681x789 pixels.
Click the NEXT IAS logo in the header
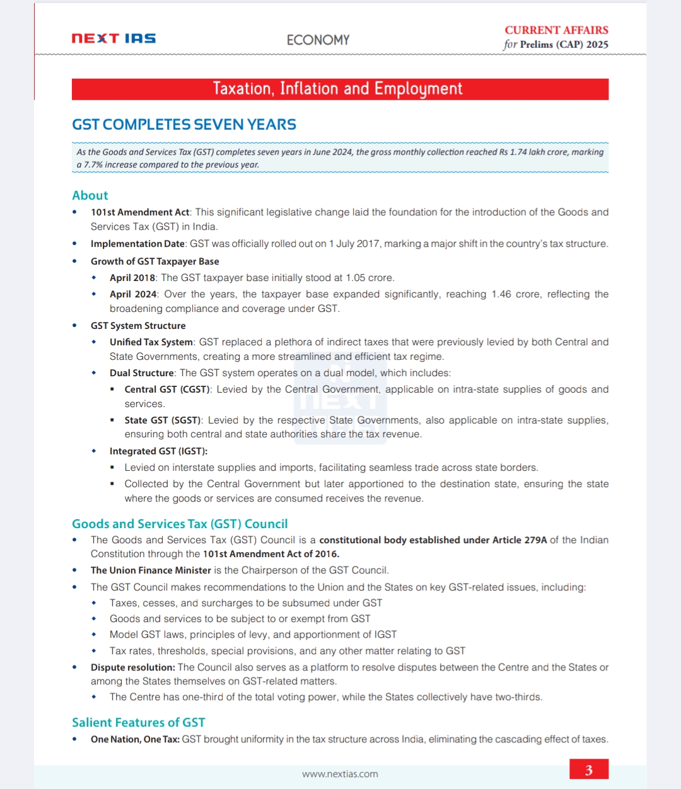[x=113, y=38]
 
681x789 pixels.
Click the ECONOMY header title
[x=318, y=40]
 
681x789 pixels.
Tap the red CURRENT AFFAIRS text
[x=556, y=30]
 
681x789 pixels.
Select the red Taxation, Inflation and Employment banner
[x=340, y=89]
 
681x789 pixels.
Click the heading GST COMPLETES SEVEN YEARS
[x=183, y=125]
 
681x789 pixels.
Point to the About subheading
[x=90, y=195]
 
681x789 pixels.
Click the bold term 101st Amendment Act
[x=140, y=212]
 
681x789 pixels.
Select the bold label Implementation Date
[x=137, y=244]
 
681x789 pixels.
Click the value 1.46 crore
[x=515, y=294]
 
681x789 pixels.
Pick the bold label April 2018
[x=132, y=278]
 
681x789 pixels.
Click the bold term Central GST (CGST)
[x=168, y=389]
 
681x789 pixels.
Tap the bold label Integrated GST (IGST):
[x=158, y=451]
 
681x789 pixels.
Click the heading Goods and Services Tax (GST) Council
[x=180, y=524]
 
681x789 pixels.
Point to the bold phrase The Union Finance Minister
[x=151, y=570]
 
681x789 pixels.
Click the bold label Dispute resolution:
[x=132, y=667]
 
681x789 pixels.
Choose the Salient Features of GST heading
[x=138, y=722]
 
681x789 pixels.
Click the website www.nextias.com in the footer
[x=340, y=774]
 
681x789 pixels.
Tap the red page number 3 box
[x=588, y=769]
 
